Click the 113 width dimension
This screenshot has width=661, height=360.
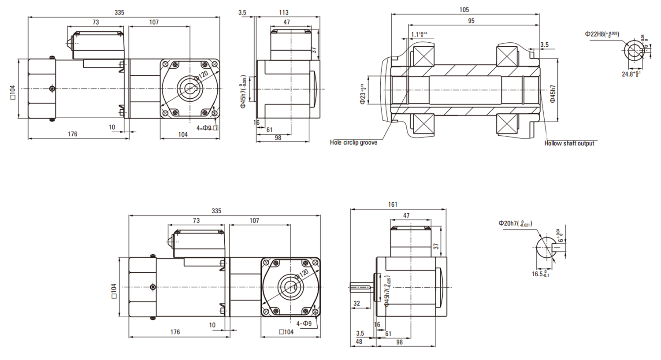[284, 12]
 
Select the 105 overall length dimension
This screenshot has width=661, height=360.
[464, 10]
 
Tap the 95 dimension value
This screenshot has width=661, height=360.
[471, 21]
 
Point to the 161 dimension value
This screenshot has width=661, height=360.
[393, 204]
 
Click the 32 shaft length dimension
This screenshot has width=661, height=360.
[356, 303]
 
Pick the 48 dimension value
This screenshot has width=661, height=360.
[359, 341]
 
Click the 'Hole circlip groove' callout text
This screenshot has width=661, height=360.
[353, 142]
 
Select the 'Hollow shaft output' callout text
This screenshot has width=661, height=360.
[569, 143]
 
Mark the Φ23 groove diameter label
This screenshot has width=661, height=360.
[363, 94]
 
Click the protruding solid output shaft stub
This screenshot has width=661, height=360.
[361, 287]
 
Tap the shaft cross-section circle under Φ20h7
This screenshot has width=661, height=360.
[547, 248]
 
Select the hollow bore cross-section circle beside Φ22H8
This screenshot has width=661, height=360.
[635, 50]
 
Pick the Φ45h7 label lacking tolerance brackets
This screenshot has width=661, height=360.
[553, 94]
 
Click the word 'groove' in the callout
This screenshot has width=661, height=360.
[368, 142]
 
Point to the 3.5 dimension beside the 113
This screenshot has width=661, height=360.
[242, 12]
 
